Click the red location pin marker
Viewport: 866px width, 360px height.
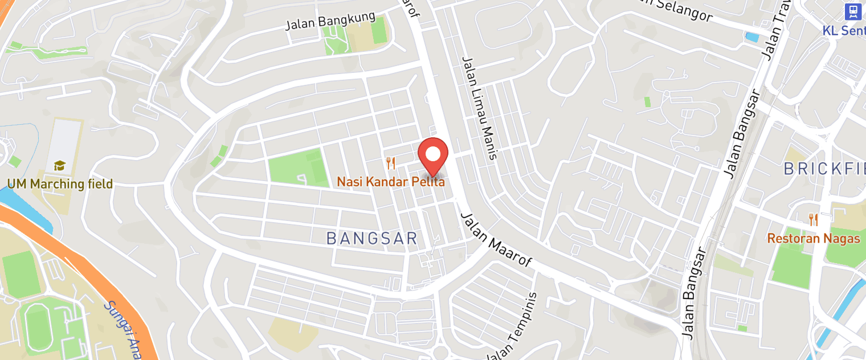coord(433,156)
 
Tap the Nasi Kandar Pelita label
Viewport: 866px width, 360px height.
coord(390,182)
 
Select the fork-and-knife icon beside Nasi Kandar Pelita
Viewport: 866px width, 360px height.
coord(390,163)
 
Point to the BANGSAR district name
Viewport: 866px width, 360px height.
coord(372,239)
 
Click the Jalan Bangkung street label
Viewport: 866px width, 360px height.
coord(330,21)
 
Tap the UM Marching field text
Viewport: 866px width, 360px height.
coord(60,184)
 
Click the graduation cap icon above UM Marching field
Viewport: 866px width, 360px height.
coord(59,166)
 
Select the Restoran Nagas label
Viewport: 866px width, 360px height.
coord(813,238)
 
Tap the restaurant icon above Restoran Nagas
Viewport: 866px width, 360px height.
coord(813,220)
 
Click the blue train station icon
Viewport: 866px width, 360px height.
coord(852,11)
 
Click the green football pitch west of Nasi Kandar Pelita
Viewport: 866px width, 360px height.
coord(299,167)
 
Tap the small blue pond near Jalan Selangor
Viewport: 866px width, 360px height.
coord(752,37)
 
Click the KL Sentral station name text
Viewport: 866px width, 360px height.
coord(844,30)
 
